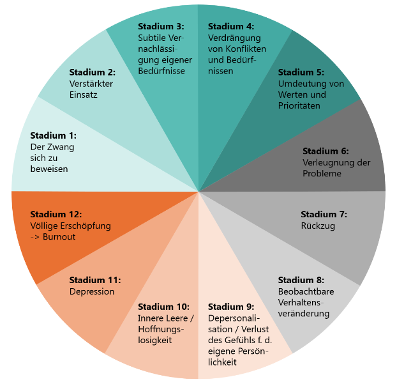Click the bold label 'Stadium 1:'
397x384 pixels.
[x=53, y=135]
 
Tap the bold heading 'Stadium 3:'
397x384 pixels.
[x=161, y=26]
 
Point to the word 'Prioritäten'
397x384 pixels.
[x=299, y=106]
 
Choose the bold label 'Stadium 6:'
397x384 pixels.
[x=326, y=151]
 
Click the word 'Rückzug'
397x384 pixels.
[x=318, y=226]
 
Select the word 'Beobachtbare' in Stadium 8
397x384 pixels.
[x=305, y=291]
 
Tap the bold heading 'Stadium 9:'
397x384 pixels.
[x=231, y=307]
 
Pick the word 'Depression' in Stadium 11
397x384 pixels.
[x=92, y=291]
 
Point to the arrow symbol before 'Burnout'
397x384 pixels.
[x=35, y=237]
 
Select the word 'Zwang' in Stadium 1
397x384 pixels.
[x=61, y=147]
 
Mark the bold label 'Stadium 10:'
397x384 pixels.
[x=164, y=307]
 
